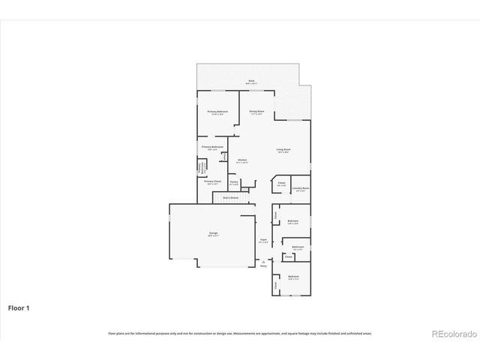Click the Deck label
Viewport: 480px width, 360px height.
click(251, 81)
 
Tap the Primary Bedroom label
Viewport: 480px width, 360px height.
click(217, 112)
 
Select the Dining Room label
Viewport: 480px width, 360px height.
click(256, 112)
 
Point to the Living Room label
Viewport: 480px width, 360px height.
click(283, 150)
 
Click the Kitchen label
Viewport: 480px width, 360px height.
click(242, 160)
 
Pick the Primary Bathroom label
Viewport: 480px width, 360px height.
click(212, 147)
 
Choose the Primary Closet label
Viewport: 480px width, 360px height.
click(212, 181)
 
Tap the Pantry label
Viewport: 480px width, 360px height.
click(234, 181)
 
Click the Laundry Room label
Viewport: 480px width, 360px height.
click(301, 188)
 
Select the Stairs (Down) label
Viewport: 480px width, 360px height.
click(230, 197)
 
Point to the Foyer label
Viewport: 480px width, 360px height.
click(263, 241)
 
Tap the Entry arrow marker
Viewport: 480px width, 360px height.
click(263, 260)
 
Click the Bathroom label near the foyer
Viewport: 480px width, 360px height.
click(297, 247)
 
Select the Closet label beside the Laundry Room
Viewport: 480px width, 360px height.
click(281, 183)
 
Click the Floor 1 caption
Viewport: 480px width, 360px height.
click(19, 307)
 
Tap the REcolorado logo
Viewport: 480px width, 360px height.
click(451, 334)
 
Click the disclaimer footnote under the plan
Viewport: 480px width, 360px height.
click(240, 333)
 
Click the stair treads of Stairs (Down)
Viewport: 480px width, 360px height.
click(229, 201)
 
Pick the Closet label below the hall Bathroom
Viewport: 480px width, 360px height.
click(288, 256)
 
